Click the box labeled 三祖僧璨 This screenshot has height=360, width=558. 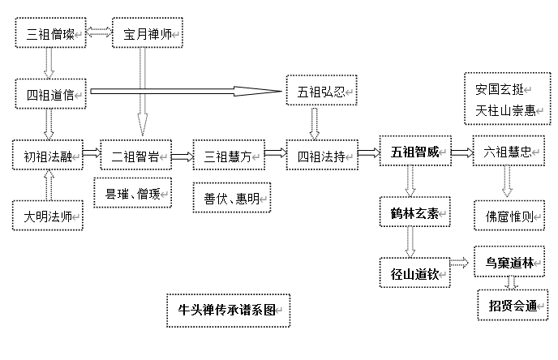tap(50, 34)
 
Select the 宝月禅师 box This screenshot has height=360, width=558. tap(147, 34)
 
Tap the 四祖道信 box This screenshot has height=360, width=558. tap(50, 94)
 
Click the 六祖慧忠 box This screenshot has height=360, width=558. tap(507, 152)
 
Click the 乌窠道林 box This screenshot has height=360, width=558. tap(509, 263)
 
